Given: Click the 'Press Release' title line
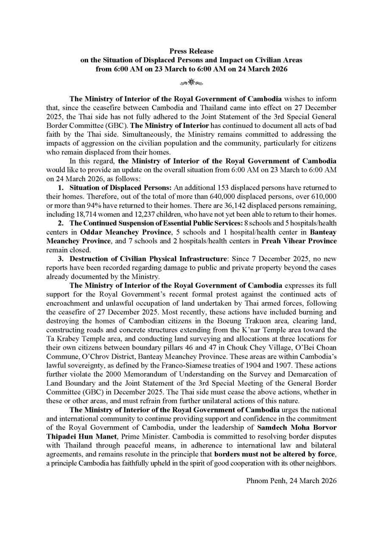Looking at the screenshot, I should point(191,51).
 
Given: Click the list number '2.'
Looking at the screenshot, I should point(61,226).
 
